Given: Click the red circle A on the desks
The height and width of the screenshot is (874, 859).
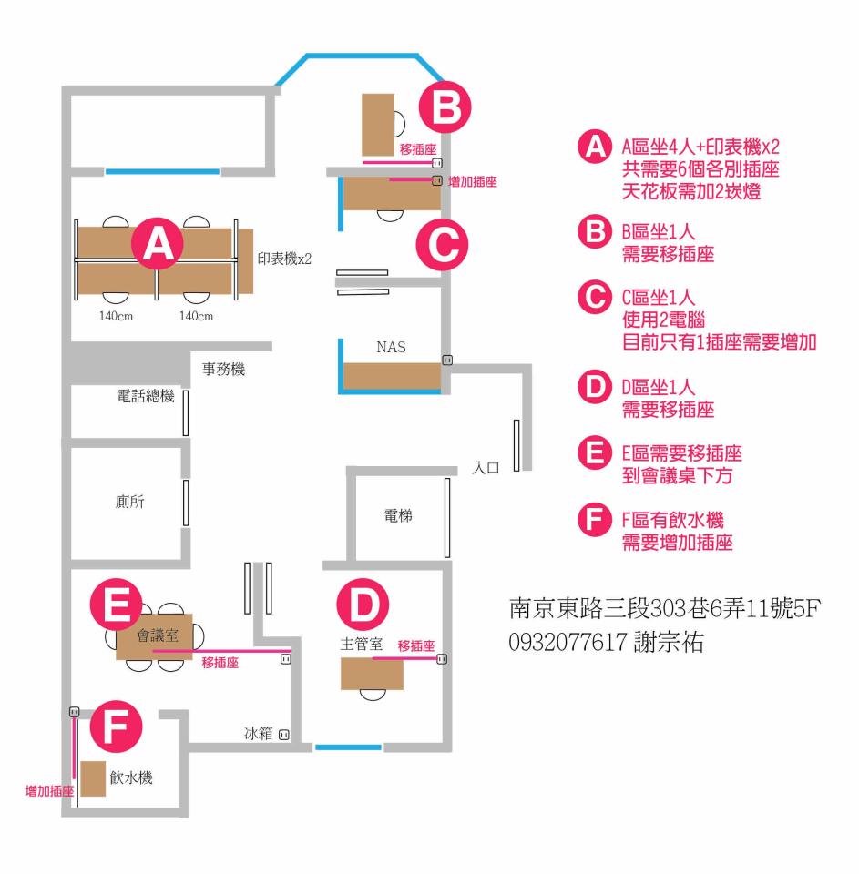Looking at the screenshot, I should coord(159,243).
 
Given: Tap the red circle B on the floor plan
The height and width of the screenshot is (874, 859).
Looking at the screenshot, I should coord(445,107).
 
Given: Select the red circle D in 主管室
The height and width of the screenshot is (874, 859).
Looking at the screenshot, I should coord(363,603).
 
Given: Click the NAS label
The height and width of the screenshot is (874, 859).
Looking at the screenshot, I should coord(391,347).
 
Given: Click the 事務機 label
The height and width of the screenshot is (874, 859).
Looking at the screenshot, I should coord(223,370).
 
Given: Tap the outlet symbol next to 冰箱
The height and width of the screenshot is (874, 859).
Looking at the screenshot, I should coord(284,733).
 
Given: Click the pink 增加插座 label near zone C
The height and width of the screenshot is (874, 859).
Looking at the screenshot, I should coord(473,182).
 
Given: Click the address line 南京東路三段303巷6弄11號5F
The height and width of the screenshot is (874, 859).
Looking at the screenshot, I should coord(665,607).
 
